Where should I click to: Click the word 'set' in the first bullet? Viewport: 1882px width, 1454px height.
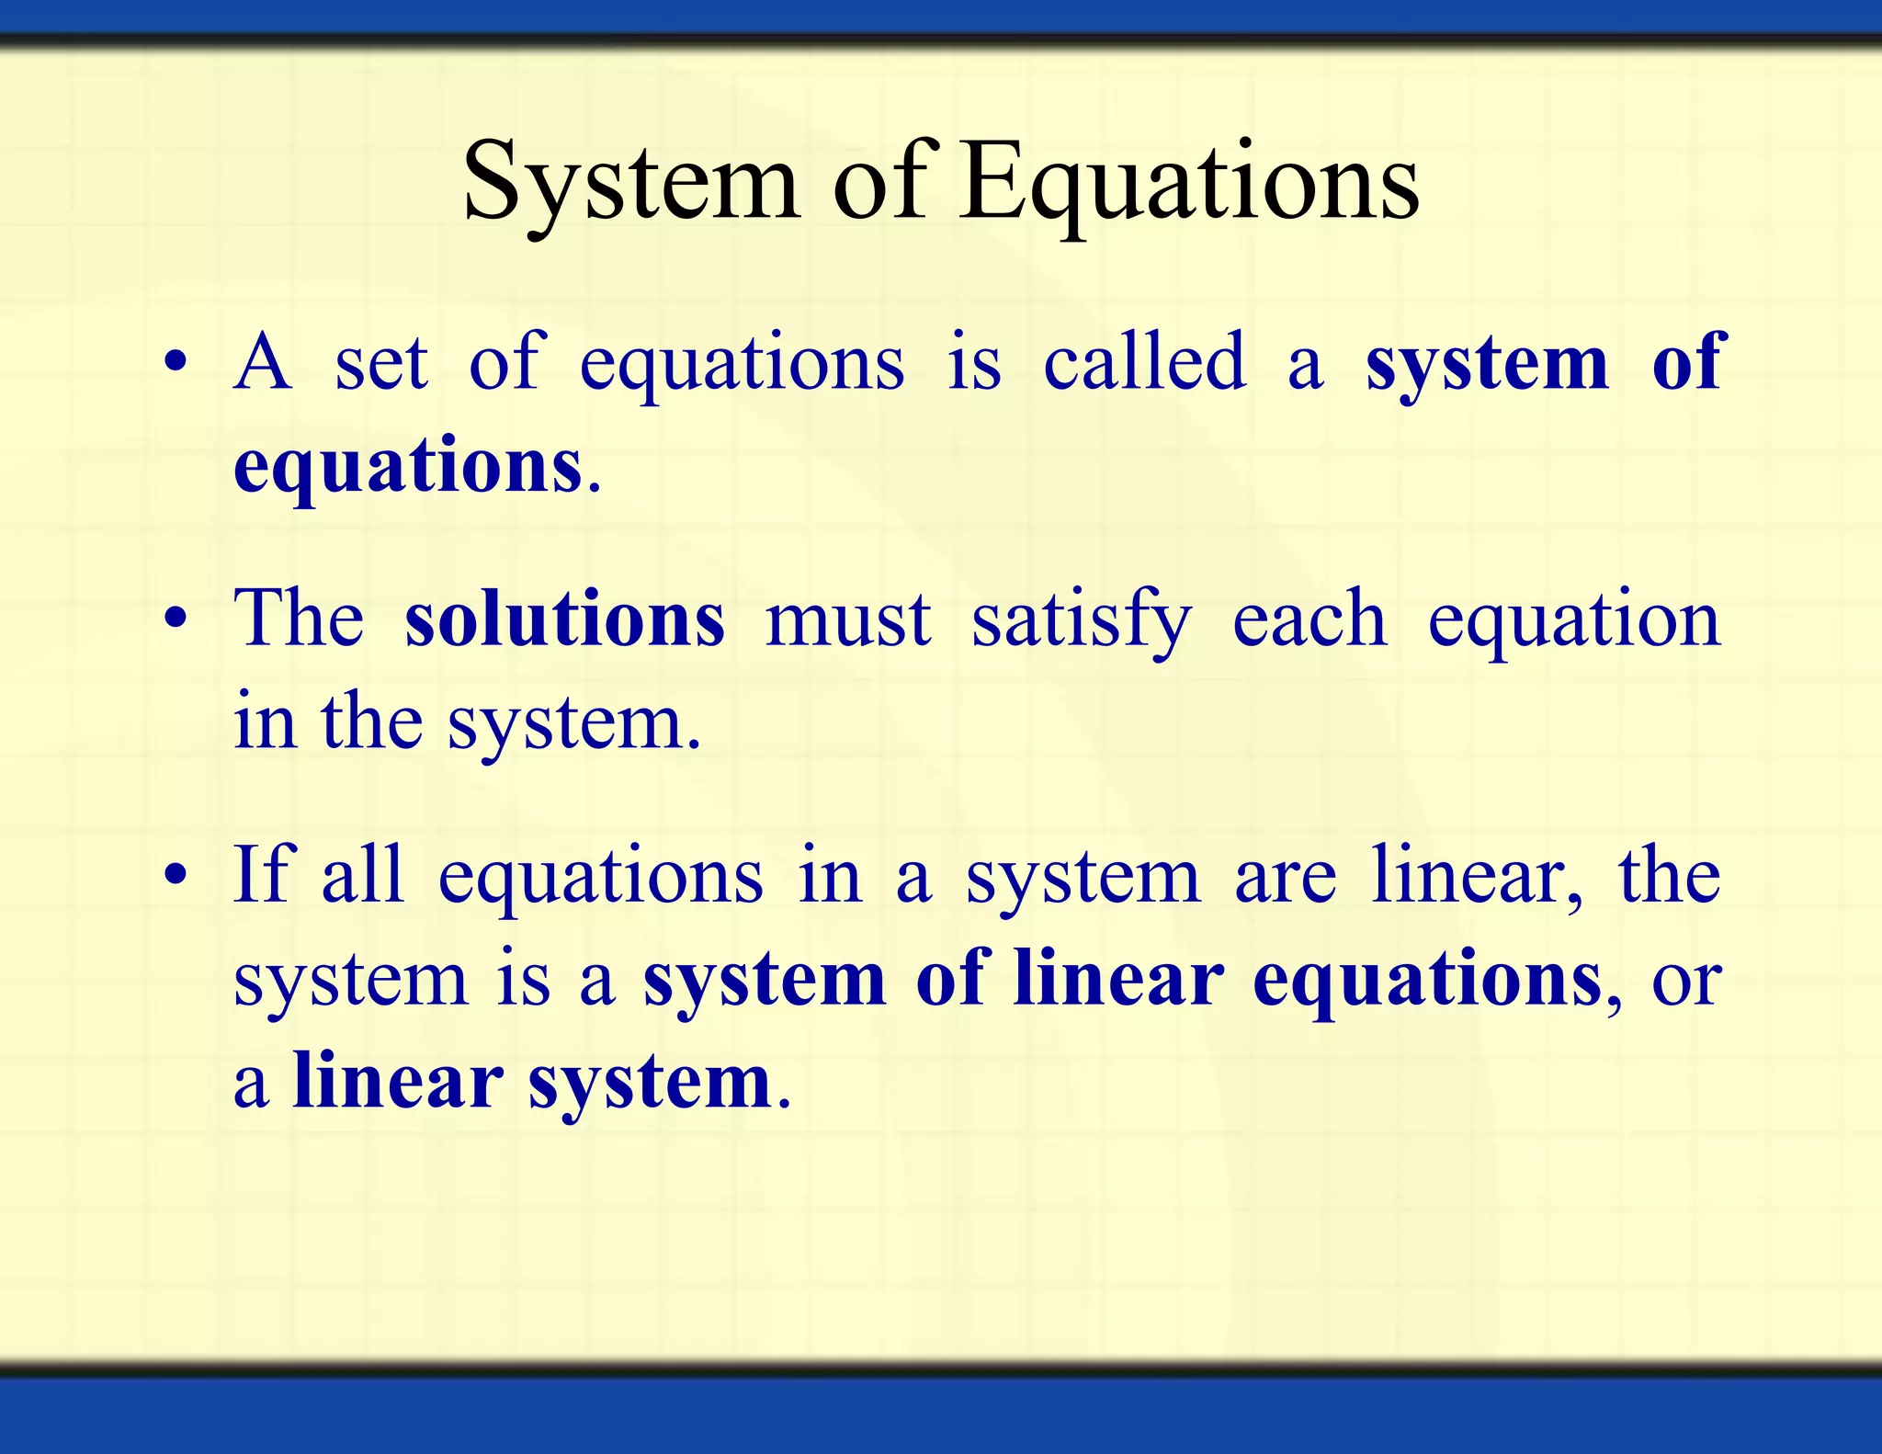click(x=380, y=363)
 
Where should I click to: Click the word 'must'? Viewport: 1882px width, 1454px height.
click(x=847, y=620)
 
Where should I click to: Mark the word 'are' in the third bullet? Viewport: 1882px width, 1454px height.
click(x=1285, y=878)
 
